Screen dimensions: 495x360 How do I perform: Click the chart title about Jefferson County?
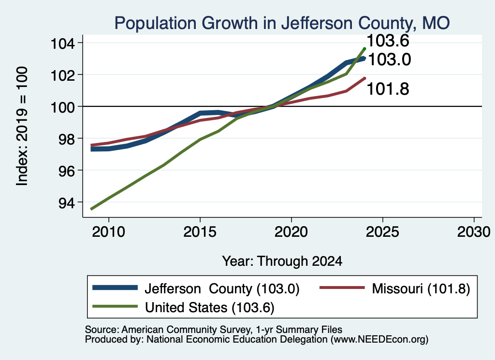tap(282, 23)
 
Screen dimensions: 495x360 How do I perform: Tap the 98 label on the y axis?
tap(67, 139)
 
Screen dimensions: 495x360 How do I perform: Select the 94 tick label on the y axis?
tap(67, 202)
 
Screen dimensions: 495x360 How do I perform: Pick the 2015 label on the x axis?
tap(200, 232)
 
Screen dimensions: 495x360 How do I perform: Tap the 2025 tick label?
tap(382, 232)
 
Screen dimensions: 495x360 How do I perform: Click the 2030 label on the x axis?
tap(474, 232)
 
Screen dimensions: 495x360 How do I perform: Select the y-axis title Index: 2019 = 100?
tap(22, 126)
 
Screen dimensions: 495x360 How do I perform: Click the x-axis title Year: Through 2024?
tap(282, 261)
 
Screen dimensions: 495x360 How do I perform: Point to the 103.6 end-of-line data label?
tap(388, 41)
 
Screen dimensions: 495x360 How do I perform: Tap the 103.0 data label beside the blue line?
tap(390, 59)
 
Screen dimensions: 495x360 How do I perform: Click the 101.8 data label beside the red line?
tap(388, 88)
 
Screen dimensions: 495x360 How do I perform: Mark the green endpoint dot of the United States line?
tap(364, 49)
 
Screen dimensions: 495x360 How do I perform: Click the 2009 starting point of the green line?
tap(91, 209)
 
